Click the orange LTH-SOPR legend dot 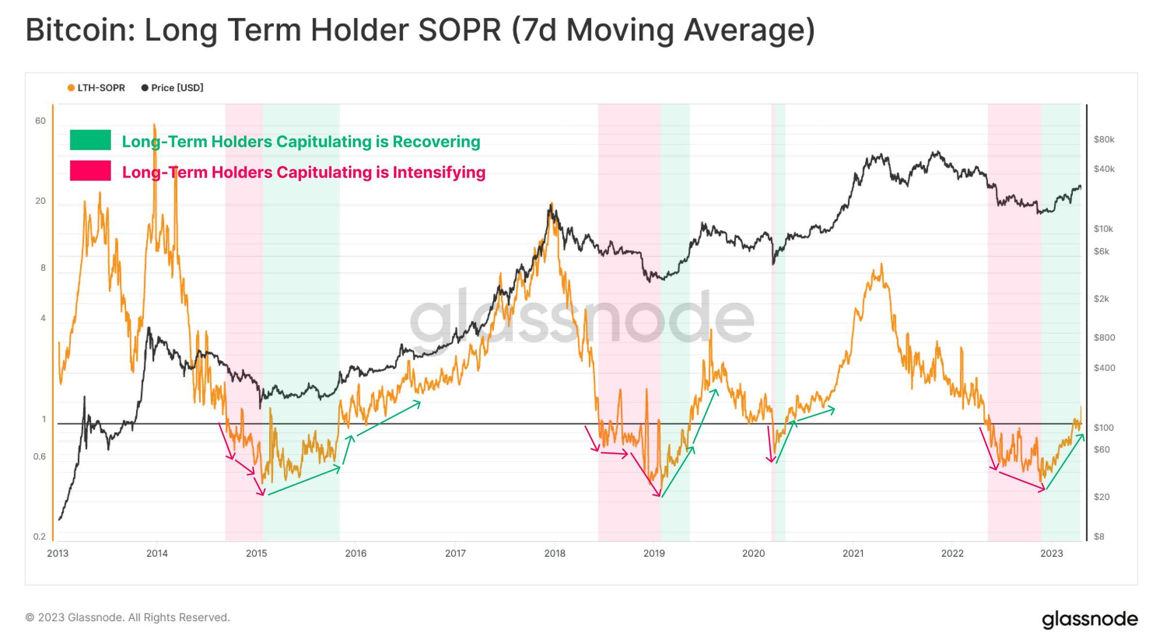[x=71, y=88]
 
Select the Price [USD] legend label [x=177, y=88]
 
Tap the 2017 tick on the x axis [x=455, y=553]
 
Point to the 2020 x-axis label [x=753, y=553]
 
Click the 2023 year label [x=1052, y=553]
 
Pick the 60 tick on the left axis [x=40, y=121]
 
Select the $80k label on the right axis [x=1104, y=140]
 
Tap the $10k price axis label [x=1103, y=229]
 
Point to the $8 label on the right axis [x=1099, y=536]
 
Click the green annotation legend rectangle [x=90, y=140]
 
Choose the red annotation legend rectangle [x=90, y=171]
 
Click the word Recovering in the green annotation [x=436, y=142]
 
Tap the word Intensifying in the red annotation [x=439, y=172]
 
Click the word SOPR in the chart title [x=459, y=30]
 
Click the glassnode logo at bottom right [x=1089, y=619]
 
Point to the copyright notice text [x=127, y=618]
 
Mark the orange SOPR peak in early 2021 [x=881, y=265]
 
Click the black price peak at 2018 [x=551, y=204]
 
